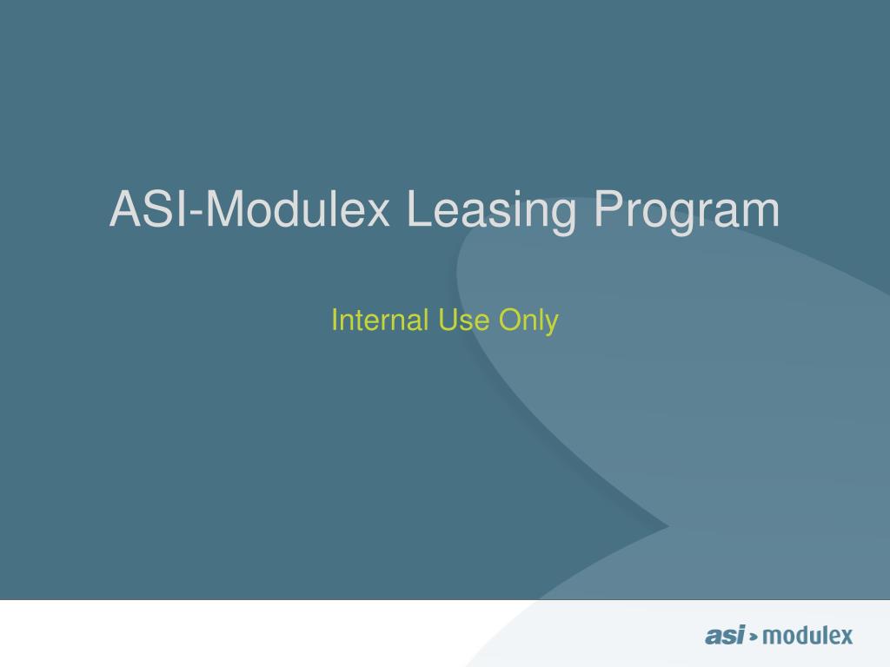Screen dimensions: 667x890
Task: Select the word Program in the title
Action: coord(687,211)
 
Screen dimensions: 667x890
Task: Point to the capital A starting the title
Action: coord(124,210)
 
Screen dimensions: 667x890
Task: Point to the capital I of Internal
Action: coord(335,320)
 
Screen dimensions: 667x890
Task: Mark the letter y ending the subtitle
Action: coord(551,323)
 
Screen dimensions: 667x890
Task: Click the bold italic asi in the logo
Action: coord(724,636)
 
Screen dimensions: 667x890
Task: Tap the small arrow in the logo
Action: coord(754,637)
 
